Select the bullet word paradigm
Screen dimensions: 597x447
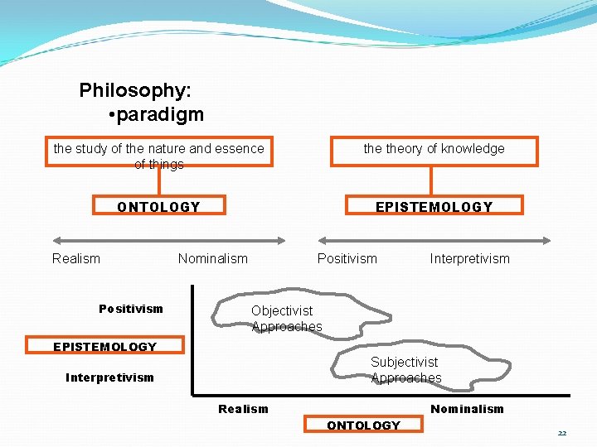point(160,114)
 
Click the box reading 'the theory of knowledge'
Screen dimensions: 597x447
point(434,150)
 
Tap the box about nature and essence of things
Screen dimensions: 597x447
point(158,152)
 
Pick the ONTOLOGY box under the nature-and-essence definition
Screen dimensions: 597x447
point(158,207)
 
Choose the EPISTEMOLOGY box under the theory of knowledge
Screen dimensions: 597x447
point(434,207)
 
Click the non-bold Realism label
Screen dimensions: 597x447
point(75,258)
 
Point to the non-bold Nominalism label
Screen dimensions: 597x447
point(212,258)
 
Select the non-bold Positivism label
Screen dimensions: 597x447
point(347,258)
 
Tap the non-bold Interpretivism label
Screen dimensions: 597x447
point(469,258)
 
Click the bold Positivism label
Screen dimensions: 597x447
point(131,309)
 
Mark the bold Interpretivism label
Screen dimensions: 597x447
point(109,377)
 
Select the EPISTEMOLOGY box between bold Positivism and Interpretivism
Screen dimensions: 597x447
point(104,347)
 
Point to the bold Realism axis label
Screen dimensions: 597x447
point(243,409)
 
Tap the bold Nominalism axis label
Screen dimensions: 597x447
point(467,409)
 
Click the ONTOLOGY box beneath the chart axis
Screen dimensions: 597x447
point(363,425)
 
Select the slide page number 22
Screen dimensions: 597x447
point(562,433)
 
